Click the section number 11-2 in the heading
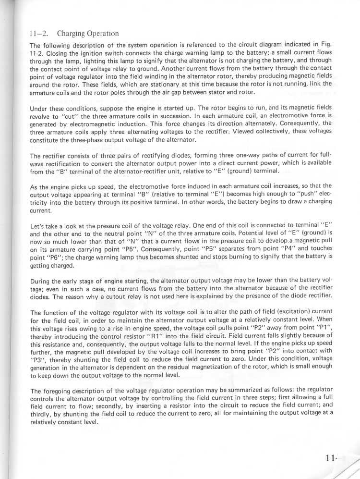37,34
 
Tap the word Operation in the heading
101,34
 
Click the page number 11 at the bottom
330,458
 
